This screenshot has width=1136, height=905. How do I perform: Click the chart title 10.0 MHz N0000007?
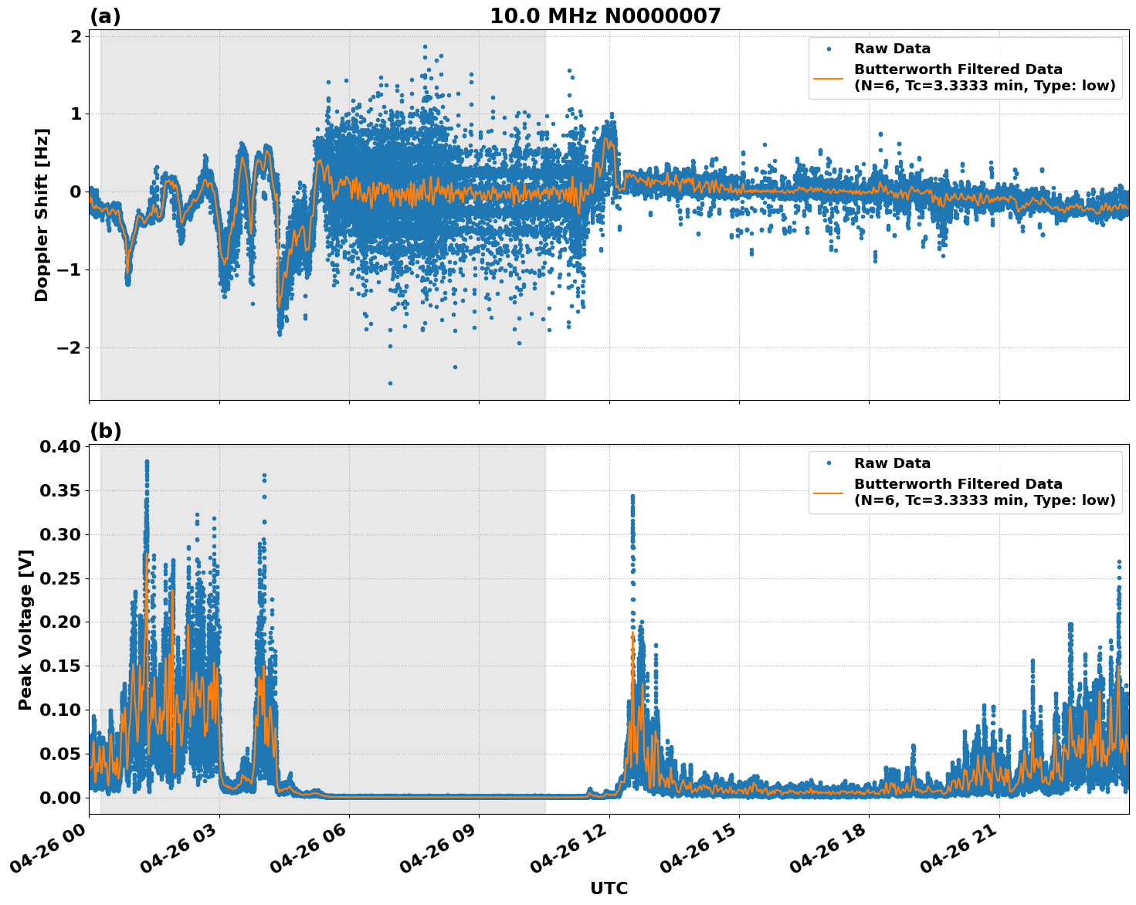point(605,16)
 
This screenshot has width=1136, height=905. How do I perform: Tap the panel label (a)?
point(105,16)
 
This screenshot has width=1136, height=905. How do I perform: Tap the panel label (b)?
point(105,431)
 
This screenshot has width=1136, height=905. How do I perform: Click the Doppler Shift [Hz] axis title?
point(42,215)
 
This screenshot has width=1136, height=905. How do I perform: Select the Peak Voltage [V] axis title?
point(25,629)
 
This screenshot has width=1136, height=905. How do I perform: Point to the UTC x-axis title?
point(609,888)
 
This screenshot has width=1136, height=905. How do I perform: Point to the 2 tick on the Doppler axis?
point(76,37)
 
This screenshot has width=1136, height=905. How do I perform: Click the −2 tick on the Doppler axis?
point(69,347)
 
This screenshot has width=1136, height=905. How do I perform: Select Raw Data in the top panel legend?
point(892,49)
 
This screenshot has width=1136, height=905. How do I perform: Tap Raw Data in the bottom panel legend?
point(892,463)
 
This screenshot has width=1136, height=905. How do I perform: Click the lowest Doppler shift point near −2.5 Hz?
point(390,383)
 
